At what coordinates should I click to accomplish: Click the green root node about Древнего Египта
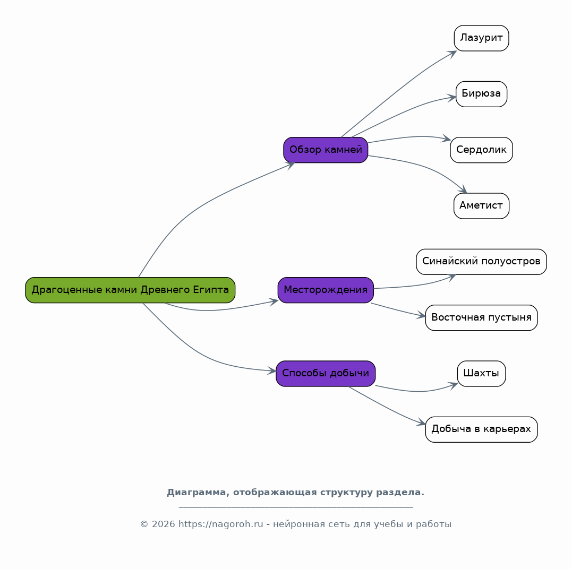click(x=130, y=290)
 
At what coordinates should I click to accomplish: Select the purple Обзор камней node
click(x=326, y=150)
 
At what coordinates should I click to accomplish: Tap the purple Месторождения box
click(x=326, y=290)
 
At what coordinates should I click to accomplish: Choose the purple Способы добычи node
click(x=326, y=374)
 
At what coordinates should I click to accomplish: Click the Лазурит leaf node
click(x=482, y=38)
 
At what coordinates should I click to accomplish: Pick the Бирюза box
click(x=482, y=94)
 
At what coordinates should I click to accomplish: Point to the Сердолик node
click(x=482, y=150)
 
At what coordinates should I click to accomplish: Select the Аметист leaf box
click(x=482, y=206)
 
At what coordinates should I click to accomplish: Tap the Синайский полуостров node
click(x=482, y=262)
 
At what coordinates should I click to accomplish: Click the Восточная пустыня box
click(x=482, y=318)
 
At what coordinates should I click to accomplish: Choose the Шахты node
click(x=482, y=374)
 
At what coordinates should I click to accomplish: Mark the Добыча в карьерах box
click(x=482, y=429)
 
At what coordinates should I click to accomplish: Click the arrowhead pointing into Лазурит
click(x=453, y=54)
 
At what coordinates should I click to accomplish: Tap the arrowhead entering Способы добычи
click(x=272, y=371)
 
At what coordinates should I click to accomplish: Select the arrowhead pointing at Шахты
click(x=454, y=386)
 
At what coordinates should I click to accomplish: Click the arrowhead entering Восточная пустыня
click(x=421, y=316)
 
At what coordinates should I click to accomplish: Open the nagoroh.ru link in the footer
click(x=221, y=524)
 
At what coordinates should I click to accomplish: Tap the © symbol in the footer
click(x=144, y=524)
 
